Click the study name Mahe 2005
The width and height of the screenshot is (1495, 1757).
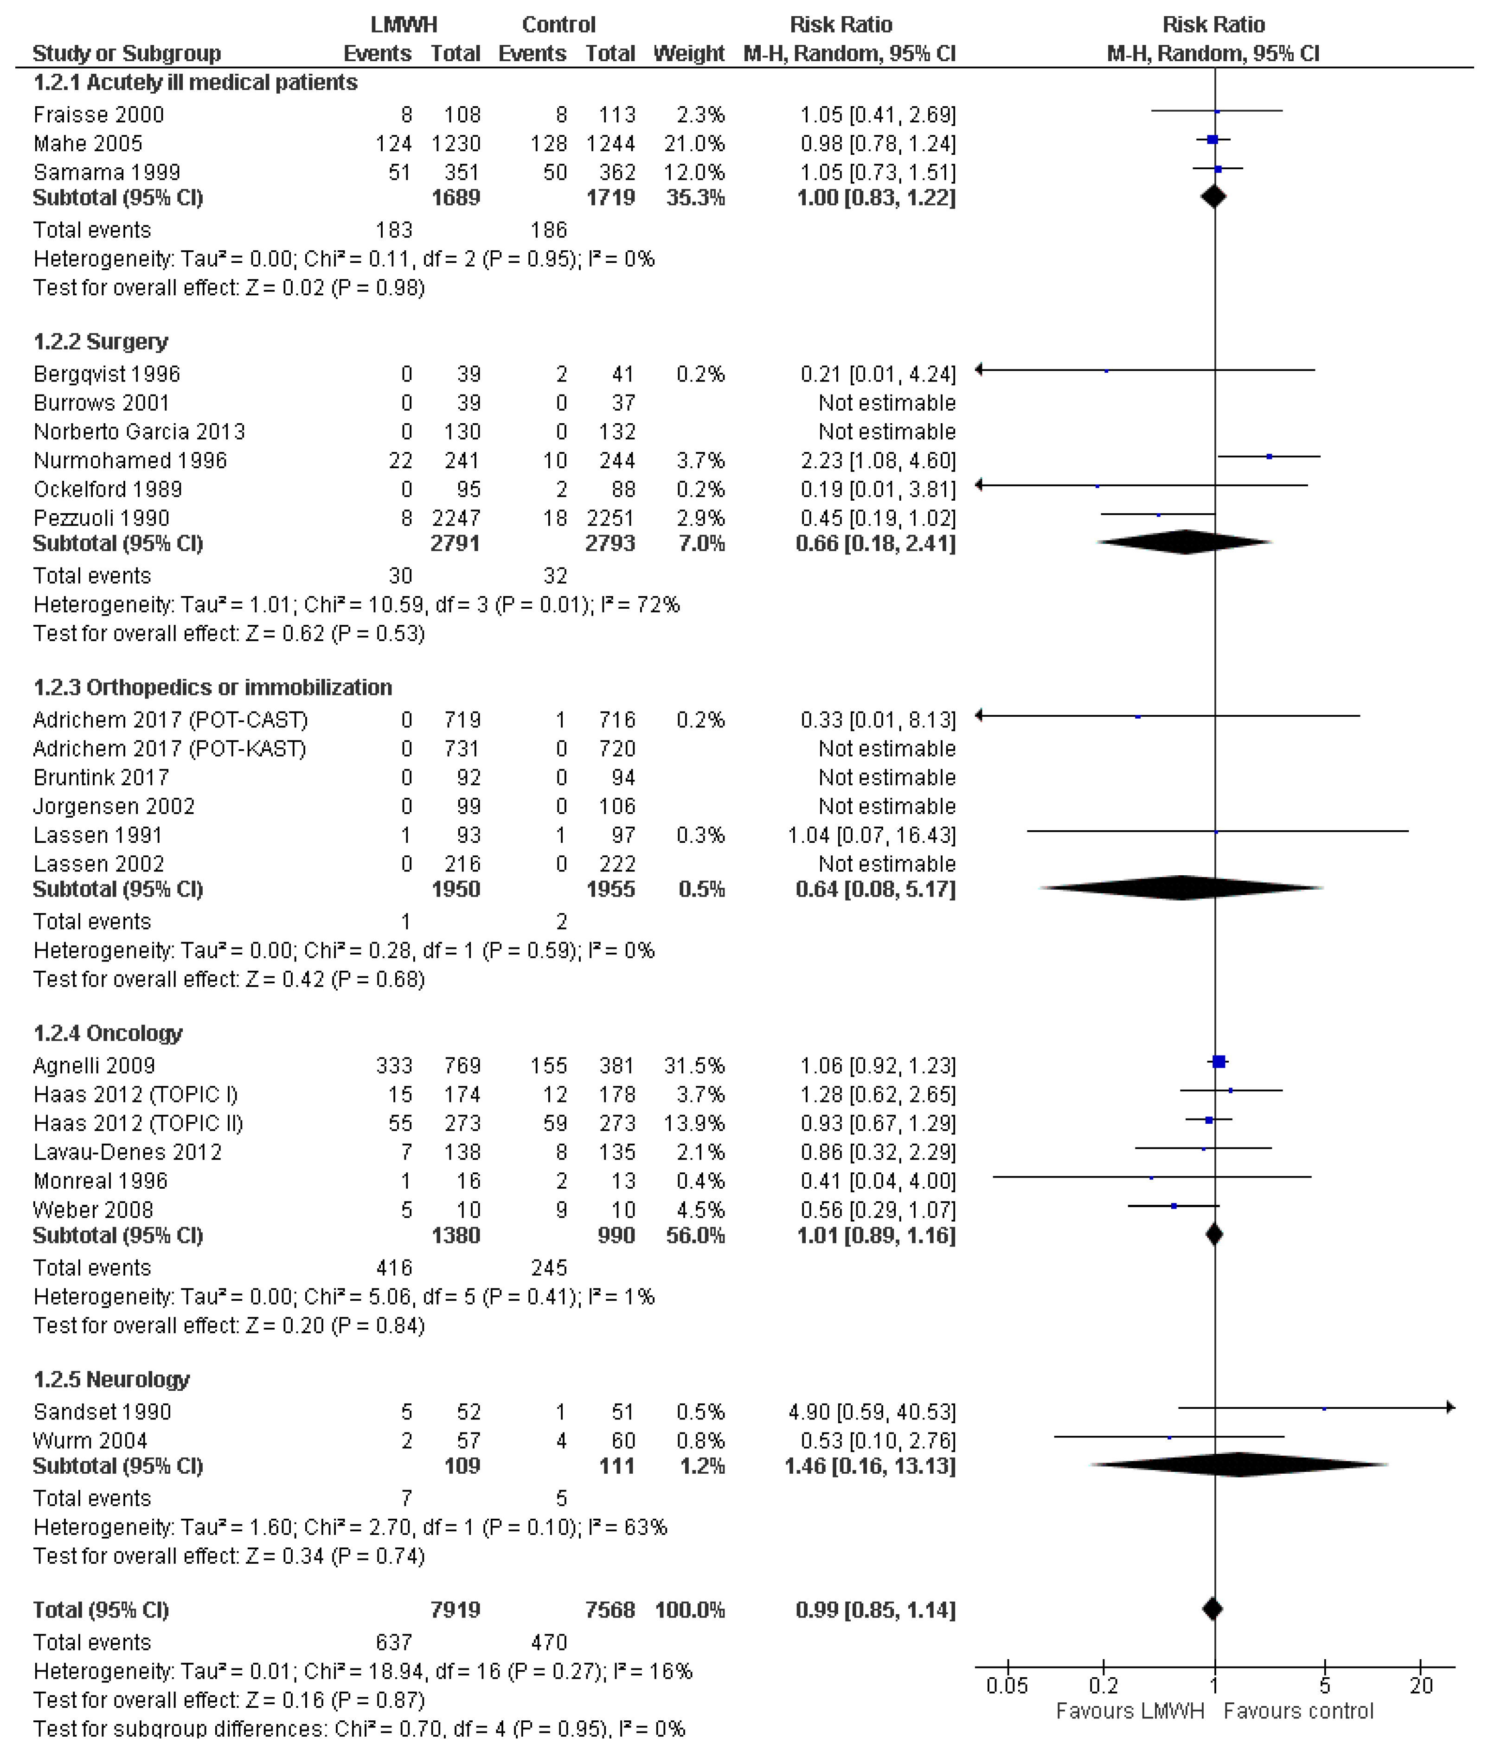[x=88, y=143]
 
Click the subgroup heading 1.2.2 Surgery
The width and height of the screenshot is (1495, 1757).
[x=101, y=341]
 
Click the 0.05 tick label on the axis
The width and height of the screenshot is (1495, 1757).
[x=1007, y=1686]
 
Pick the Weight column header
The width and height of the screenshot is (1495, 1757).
[x=688, y=53]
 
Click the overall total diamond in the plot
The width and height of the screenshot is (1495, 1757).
[x=1213, y=1608]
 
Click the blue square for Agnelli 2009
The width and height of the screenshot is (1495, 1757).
[x=1219, y=1062]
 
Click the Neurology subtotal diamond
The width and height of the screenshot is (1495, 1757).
[x=1238, y=1465]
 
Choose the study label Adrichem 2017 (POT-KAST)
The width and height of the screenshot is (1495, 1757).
[x=169, y=748]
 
